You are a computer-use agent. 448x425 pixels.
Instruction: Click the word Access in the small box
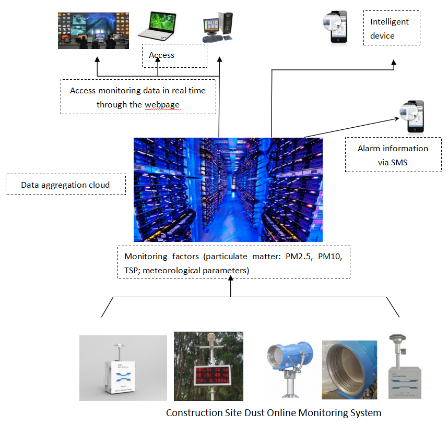(x=162, y=55)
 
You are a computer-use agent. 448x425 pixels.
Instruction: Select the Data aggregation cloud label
(x=65, y=185)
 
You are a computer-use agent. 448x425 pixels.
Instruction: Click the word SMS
(x=399, y=162)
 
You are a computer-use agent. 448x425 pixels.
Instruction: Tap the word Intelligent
(x=390, y=22)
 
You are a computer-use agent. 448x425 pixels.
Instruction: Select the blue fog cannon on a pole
(x=289, y=360)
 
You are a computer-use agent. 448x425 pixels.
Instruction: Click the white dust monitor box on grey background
(x=123, y=368)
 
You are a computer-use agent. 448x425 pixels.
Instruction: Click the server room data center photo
(x=228, y=190)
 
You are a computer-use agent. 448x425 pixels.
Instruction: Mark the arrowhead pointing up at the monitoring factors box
(x=231, y=281)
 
